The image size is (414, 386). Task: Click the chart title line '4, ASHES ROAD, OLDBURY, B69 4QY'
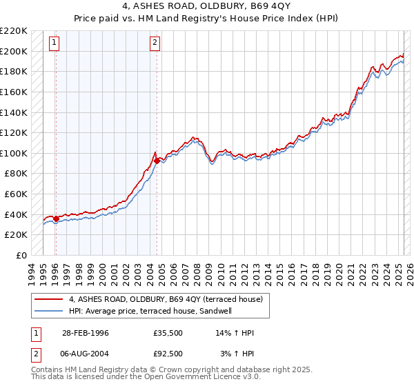coord(207,8)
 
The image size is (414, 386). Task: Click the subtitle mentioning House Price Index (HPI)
coord(207,19)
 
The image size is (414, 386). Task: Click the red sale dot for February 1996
coord(56,219)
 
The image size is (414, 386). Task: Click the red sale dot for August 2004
coord(157,161)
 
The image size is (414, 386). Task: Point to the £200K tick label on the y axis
coord(14,51)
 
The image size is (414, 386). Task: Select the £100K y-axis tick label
coord(14,153)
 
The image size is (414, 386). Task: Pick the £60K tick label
coord(17,194)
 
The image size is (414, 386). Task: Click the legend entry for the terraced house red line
coord(166,299)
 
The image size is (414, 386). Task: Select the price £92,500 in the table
coord(168,353)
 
